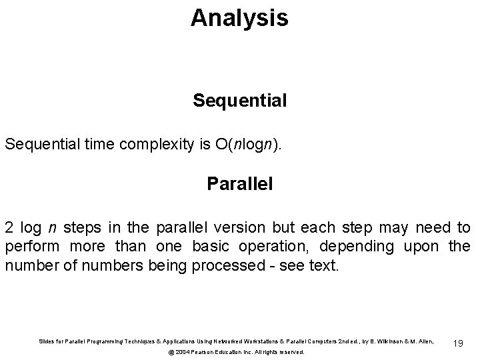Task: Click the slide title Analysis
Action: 239,18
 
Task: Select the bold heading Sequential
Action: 239,101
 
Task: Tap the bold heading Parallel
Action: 239,183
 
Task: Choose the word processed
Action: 224,266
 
